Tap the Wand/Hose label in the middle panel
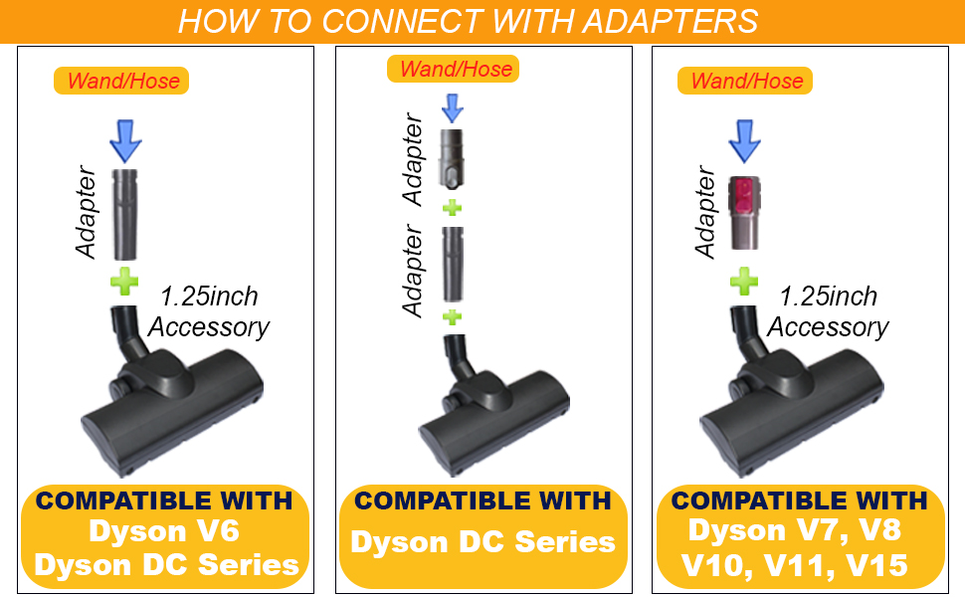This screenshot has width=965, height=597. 455,69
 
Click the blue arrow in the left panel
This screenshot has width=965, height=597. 124,139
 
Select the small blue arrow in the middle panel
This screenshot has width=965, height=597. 453,106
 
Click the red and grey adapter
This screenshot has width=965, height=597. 744,210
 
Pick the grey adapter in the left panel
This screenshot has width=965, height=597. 124,212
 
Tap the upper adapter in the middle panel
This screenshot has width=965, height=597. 453,158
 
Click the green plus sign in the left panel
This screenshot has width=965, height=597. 124,284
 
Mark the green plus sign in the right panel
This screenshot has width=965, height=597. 743,282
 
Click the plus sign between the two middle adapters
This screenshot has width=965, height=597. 453,208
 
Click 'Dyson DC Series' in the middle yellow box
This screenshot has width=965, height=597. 482,541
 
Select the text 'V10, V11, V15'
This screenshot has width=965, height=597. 793,564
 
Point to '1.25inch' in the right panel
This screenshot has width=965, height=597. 828,297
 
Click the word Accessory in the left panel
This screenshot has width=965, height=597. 208,326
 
